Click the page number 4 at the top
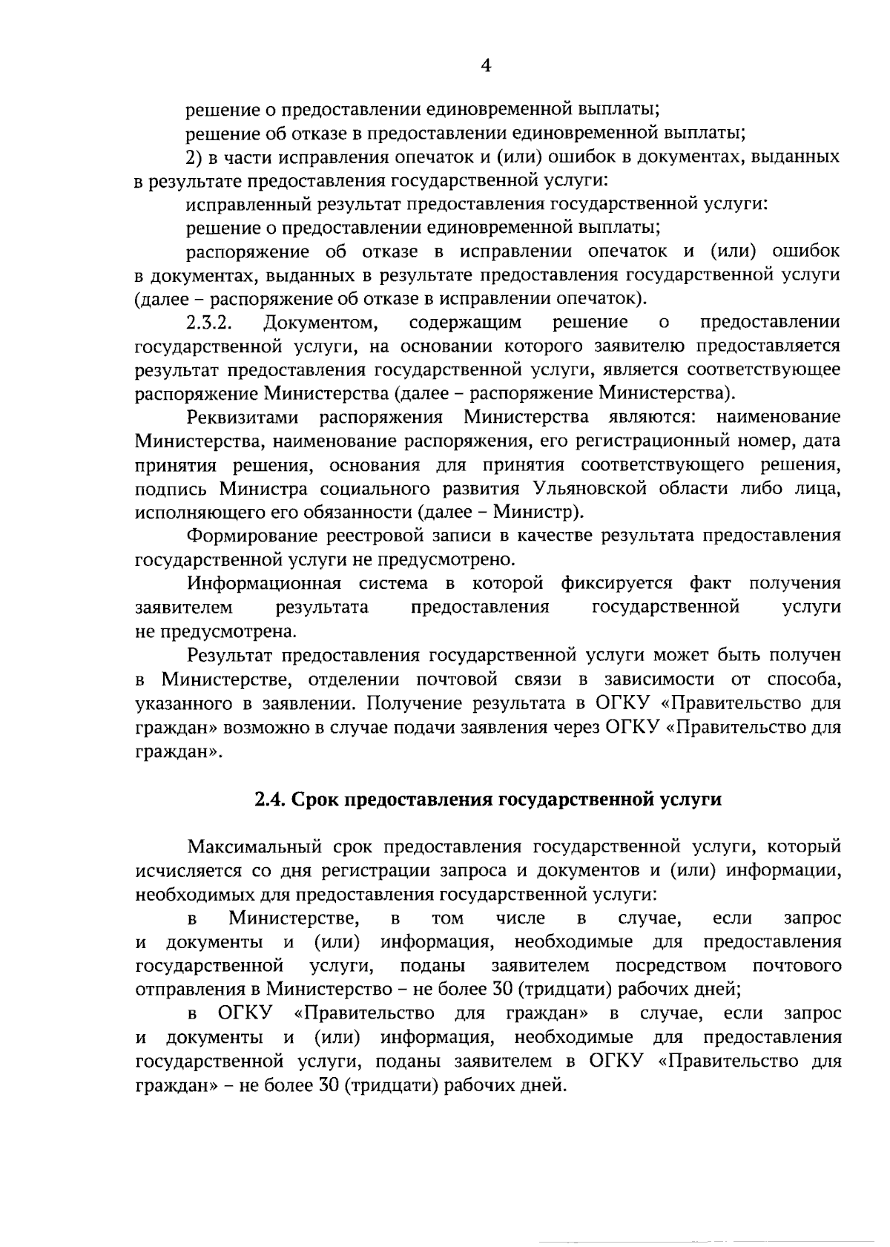coord(486,66)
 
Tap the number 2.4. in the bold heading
coord(270,799)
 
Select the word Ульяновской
coord(589,489)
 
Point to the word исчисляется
coord(182,870)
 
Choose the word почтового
coord(797,966)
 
